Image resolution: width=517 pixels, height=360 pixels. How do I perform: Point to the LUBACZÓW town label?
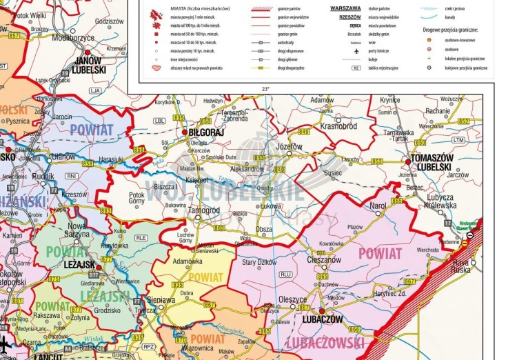(x=322, y=319)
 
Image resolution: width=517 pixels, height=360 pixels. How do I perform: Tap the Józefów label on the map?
(x=289, y=147)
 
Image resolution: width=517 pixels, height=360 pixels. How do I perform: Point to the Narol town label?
(x=378, y=206)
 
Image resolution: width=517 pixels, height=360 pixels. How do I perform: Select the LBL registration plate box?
(x=159, y=121)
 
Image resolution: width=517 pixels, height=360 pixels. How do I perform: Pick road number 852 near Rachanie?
(x=465, y=121)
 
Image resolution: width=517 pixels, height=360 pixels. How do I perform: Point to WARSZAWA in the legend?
(x=345, y=8)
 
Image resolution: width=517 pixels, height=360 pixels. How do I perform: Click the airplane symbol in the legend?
(x=356, y=51)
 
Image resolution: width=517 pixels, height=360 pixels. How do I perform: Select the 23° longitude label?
(x=266, y=89)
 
